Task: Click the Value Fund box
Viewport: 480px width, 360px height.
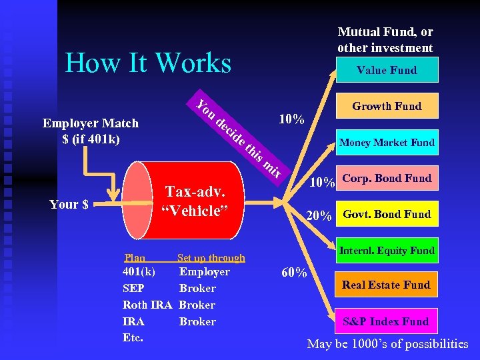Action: (x=387, y=70)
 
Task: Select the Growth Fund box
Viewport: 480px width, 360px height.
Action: (x=387, y=106)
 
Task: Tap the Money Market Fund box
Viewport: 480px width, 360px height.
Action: (x=387, y=142)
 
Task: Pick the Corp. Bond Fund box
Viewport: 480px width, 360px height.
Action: (x=387, y=178)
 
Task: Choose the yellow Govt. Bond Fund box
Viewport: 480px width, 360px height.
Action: (x=387, y=214)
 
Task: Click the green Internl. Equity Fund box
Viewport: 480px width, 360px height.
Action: (x=387, y=251)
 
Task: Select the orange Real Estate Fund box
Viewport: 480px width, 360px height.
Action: (x=387, y=285)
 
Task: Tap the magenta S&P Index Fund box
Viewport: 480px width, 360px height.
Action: (x=387, y=321)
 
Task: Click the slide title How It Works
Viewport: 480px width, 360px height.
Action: (x=148, y=63)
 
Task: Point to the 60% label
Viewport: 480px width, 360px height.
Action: (x=294, y=273)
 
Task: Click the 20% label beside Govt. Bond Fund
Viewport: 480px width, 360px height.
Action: (x=318, y=216)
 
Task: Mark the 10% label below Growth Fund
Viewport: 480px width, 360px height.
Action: (x=291, y=120)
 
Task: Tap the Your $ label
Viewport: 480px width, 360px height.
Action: (x=69, y=204)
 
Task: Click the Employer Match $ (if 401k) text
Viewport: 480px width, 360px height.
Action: (x=91, y=131)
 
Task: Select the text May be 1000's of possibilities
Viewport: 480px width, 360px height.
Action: (x=387, y=344)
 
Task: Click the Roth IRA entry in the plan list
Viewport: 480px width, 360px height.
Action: (x=147, y=305)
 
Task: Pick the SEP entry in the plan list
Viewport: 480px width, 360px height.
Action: (x=133, y=288)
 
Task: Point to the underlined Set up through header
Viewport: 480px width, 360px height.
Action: (x=211, y=258)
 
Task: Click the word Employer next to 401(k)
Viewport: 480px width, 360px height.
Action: (x=204, y=271)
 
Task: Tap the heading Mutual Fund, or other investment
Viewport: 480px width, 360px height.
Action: (x=385, y=39)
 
